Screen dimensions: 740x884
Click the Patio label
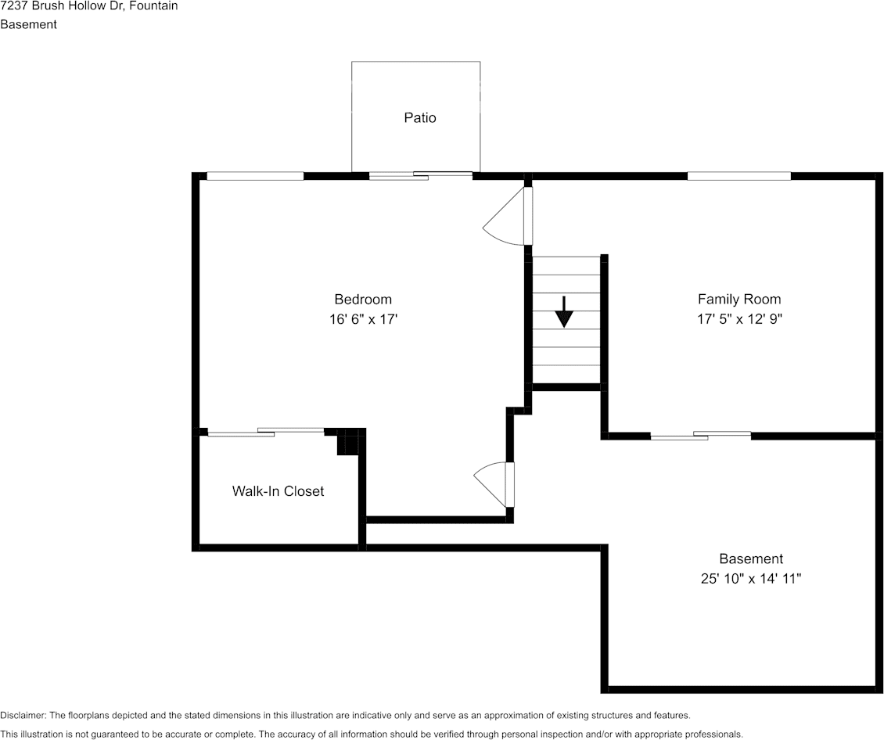click(420, 118)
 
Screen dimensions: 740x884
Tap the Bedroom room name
click(363, 300)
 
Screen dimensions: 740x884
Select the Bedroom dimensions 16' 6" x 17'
click(364, 319)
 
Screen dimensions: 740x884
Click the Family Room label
click(739, 300)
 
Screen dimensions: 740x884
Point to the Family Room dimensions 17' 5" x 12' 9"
click(739, 319)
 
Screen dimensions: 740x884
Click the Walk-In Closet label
click(278, 491)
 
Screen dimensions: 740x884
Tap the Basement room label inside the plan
click(751, 559)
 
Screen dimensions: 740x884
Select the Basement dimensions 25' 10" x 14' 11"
click(751, 579)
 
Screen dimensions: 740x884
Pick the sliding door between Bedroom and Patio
click(421, 176)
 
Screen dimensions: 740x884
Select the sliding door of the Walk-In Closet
click(266, 431)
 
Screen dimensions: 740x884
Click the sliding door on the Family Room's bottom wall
click(700, 435)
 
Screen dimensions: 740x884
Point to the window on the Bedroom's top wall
click(255, 176)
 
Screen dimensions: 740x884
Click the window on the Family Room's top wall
click(738, 176)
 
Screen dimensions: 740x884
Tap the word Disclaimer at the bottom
click(23, 716)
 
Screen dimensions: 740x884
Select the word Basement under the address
click(28, 24)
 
